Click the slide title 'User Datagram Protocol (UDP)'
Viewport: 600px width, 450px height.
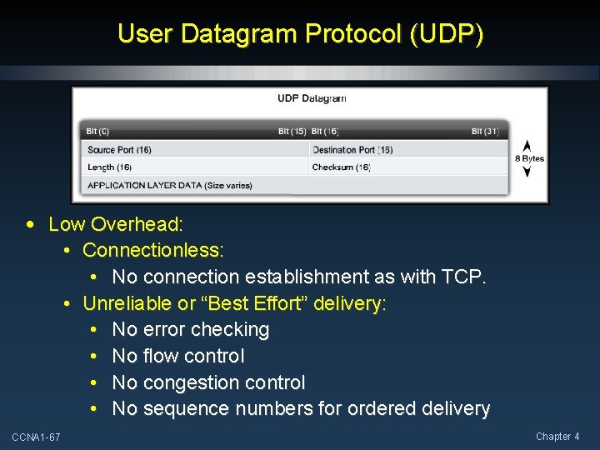(x=300, y=34)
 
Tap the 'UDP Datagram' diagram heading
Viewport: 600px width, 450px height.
(x=311, y=98)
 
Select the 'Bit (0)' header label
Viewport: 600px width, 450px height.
(x=97, y=132)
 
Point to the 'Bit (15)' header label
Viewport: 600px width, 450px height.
(x=292, y=132)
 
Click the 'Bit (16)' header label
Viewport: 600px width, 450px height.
(x=325, y=132)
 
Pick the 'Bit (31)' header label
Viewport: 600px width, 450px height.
(x=485, y=132)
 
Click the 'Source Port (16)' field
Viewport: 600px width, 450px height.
(x=119, y=150)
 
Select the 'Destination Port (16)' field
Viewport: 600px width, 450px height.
(x=352, y=150)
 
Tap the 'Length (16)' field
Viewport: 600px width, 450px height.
(x=109, y=167)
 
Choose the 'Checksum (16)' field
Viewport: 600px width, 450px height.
(x=341, y=167)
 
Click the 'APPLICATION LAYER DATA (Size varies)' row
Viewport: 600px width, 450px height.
(x=170, y=185)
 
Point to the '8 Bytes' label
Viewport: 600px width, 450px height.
(x=530, y=158)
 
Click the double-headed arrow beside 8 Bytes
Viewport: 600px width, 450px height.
(x=527, y=157)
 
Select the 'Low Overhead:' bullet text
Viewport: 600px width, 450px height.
(x=116, y=224)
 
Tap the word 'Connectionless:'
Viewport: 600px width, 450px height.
(x=153, y=250)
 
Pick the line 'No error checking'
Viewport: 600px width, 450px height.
(x=191, y=330)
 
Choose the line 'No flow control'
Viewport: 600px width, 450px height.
(x=178, y=357)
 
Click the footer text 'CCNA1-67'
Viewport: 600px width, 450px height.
(x=36, y=437)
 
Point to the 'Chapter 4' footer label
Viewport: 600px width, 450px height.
(x=557, y=437)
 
